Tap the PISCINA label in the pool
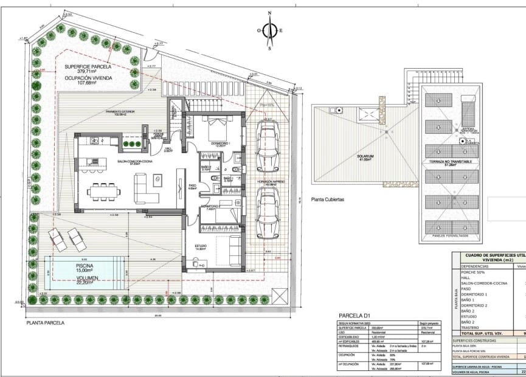(x=85, y=266)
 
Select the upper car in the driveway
(x=267, y=147)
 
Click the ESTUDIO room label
(x=202, y=247)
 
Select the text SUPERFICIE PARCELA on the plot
(x=88, y=66)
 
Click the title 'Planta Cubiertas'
(x=328, y=199)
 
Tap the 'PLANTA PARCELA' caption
(x=45, y=323)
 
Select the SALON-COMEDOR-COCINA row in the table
(x=484, y=283)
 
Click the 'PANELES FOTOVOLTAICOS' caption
(x=451, y=236)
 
